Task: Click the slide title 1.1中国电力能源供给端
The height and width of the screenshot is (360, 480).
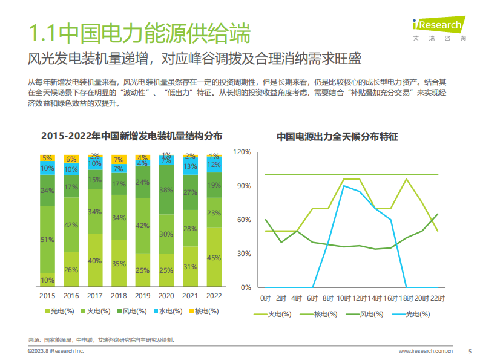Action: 139,33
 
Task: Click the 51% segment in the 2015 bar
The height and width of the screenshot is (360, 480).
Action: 47,240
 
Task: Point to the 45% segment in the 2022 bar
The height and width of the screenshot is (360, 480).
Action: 214,257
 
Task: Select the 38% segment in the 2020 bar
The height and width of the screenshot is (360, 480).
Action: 166,190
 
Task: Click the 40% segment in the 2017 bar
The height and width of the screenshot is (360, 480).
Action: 95,261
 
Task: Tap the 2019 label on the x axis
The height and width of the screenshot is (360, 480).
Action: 142,296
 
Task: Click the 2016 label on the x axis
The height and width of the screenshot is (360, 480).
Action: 71,296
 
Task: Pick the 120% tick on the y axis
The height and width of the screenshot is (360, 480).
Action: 242,152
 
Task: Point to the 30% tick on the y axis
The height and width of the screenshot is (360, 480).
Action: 244,254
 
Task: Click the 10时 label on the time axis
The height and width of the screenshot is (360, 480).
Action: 343,298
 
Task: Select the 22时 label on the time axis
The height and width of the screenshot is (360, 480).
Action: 437,298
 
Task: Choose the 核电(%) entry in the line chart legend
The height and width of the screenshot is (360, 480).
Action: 321,314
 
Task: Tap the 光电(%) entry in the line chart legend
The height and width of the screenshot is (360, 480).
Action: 412,314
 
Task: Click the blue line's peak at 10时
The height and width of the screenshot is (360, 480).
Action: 344,186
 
